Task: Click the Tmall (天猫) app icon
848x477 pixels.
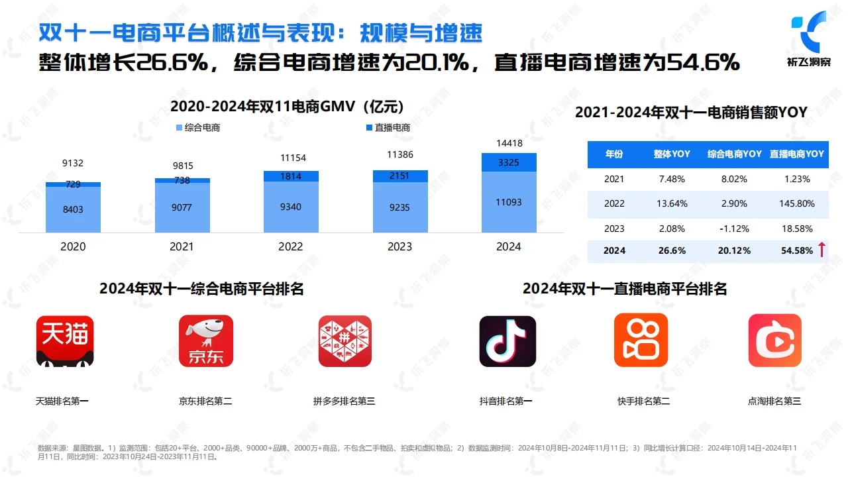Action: pyautogui.click(x=65, y=341)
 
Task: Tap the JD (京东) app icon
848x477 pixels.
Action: pyautogui.click(x=206, y=341)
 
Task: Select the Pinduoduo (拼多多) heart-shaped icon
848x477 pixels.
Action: pyautogui.click(x=344, y=341)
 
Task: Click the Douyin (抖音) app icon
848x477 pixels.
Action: pyautogui.click(x=507, y=341)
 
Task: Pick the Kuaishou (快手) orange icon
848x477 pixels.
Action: pyautogui.click(x=641, y=341)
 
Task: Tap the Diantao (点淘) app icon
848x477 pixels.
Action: pyautogui.click(x=774, y=341)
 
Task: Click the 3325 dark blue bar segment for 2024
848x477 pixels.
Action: pyautogui.click(x=509, y=162)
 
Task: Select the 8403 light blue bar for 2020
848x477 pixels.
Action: pyautogui.click(x=73, y=209)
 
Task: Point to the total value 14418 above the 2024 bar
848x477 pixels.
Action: pyautogui.click(x=509, y=143)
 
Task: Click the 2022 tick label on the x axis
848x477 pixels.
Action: pyautogui.click(x=290, y=246)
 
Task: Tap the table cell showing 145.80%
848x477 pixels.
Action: pyautogui.click(x=797, y=203)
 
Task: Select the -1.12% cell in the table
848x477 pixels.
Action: pyautogui.click(x=734, y=229)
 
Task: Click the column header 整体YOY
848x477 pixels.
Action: pyautogui.click(x=672, y=154)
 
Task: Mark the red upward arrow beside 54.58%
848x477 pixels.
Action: pyautogui.click(x=821, y=250)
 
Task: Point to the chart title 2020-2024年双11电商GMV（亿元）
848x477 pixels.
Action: pyautogui.click(x=287, y=107)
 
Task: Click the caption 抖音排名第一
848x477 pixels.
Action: pyautogui.click(x=505, y=401)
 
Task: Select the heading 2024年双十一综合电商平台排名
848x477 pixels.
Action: pyautogui.click(x=201, y=289)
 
